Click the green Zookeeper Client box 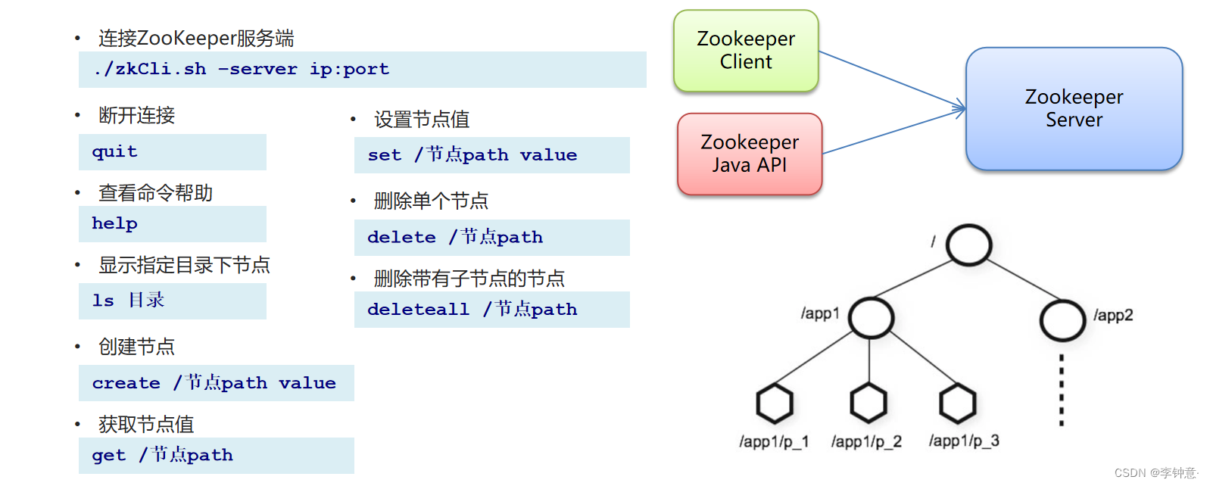coord(746,51)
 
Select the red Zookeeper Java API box coord(750,154)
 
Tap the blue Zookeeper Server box coord(1074,108)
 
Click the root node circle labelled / coord(968,245)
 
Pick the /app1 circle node coord(871,317)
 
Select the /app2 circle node coord(1062,320)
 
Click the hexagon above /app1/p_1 coord(775,403)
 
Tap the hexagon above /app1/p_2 coord(869,403)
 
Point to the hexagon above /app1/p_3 coord(958,403)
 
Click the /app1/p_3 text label coord(964,441)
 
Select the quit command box coord(173,151)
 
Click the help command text coord(114,223)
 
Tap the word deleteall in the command coord(418,309)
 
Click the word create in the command coord(126,383)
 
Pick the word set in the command coord(385,155)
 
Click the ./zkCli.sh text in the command coord(150,69)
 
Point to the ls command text coord(103,301)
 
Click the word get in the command coord(109,455)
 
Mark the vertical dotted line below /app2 coord(1062,389)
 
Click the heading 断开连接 coord(137,115)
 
